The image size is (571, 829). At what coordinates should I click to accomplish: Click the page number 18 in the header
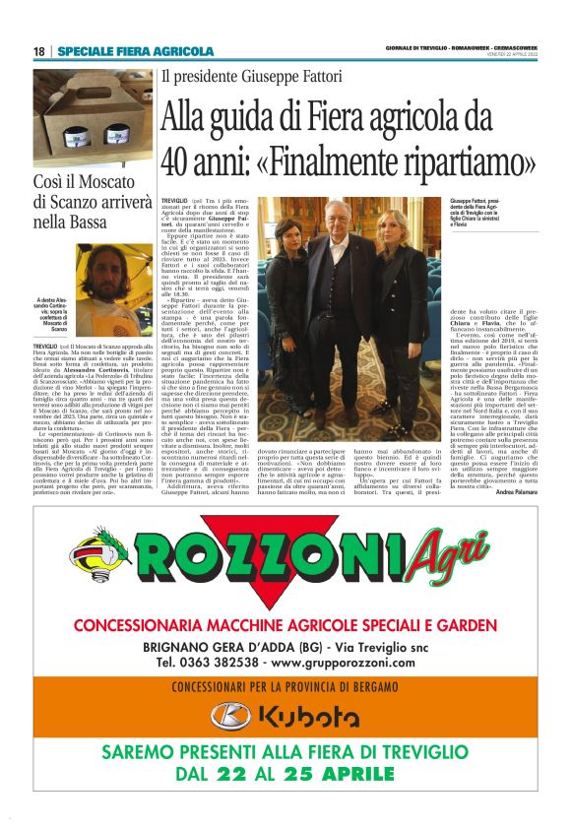tap(38, 51)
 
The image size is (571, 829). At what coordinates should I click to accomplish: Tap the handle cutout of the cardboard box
tap(91, 87)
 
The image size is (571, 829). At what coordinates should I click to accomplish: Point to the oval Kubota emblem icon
tap(230, 716)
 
